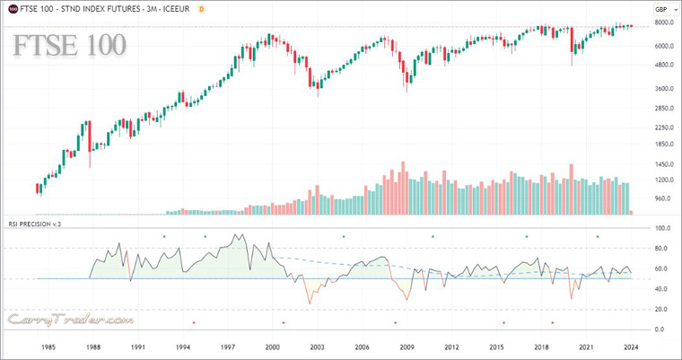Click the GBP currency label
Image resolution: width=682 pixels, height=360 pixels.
(662, 9)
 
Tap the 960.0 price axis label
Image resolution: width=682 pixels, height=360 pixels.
(663, 198)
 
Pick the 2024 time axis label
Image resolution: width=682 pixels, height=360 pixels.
(631, 347)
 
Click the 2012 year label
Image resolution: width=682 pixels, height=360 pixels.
(451, 347)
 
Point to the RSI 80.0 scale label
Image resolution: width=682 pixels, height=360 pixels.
(662, 249)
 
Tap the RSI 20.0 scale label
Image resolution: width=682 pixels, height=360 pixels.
(662, 309)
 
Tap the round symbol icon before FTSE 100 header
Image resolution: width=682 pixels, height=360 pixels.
(11, 9)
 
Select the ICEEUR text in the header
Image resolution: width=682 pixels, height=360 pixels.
(174, 9)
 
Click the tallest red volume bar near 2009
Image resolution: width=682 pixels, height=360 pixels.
(403, 188)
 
